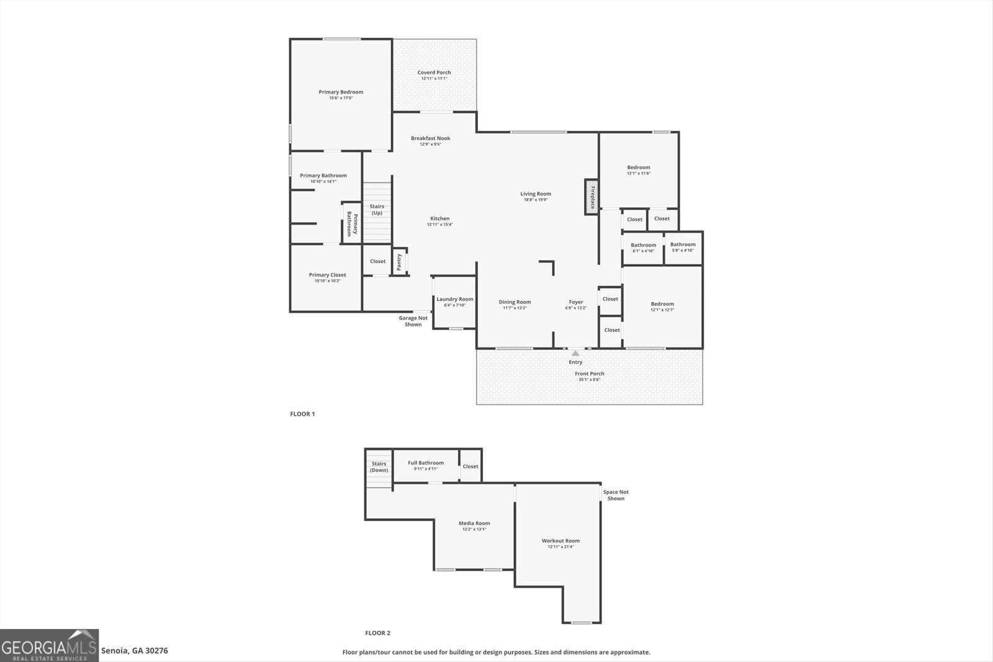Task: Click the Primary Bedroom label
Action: point(341,92)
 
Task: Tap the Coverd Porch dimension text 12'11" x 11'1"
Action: point(434,79)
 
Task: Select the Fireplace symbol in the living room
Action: point(592,197)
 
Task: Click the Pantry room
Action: point(399,261)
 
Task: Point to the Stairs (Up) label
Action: point(377,210)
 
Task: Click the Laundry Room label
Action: point(454,299)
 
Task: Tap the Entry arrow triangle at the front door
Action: point(575,353)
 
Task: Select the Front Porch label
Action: point(589,373)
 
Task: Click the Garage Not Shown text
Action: point(413,321)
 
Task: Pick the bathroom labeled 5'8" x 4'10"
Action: point(683,247)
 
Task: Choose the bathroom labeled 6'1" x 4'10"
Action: point(643,248)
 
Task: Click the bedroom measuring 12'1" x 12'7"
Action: point(662,306)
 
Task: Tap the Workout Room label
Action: point(560,541)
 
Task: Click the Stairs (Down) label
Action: point(379,467)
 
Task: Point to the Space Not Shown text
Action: point(616,495)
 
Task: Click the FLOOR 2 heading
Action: point(377,633)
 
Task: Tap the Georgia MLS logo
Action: point(49,645)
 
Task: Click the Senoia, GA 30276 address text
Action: point(134,651)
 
